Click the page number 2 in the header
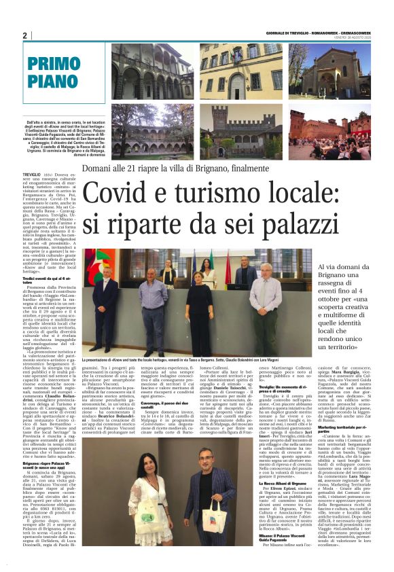24,35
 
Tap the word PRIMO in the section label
54,66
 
